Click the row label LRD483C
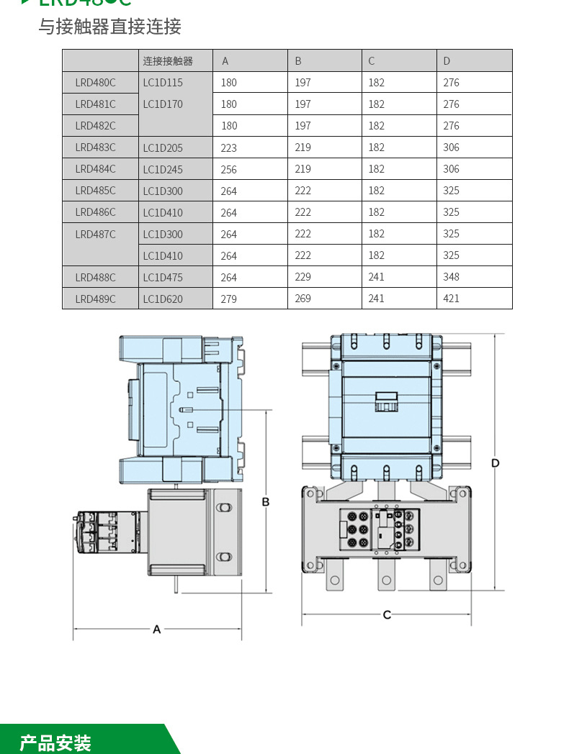(95, 147)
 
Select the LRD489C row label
(95, 299)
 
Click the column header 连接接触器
(168, 61)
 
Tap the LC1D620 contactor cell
(163, 299)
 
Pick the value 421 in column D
(452, 299)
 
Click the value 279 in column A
(229, 299)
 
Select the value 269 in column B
(303, 299)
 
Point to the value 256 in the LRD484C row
(229, 170)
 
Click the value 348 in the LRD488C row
(452, 277)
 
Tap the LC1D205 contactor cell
(163, 148)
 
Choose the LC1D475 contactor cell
(163, 277)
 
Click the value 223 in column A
(229, 148)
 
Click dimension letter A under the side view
(157, 630)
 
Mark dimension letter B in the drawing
(266, 501)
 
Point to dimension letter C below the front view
(387, 615)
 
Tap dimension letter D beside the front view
(496, 463)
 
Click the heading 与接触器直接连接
(109, 27)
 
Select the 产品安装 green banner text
(55, 742)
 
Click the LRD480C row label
(95, 83)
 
